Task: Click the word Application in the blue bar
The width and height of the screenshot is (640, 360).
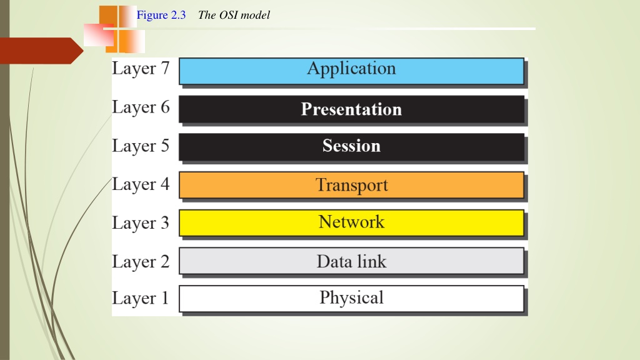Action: (351, 69)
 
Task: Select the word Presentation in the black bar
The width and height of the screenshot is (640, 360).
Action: (351, 109)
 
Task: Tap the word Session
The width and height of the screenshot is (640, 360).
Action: (351, 146)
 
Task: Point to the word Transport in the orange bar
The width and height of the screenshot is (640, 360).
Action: (351, 185)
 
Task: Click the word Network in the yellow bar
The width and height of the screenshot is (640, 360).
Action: (351, 222)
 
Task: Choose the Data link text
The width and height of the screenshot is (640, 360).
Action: (351, 261)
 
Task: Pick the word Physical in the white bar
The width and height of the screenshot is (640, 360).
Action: (351, 297)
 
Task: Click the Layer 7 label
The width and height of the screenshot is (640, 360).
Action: (141, 69)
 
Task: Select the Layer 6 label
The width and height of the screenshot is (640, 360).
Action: (141, 107)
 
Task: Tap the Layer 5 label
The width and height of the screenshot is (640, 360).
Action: (141, 146)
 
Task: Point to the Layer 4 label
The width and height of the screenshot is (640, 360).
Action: (141, 184)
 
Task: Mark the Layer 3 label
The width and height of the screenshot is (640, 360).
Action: (141, 223)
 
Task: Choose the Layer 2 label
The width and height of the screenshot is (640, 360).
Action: (141, 262)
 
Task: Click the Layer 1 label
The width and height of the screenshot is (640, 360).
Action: (141, 298)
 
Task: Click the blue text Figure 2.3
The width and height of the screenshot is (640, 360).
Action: (161, 15)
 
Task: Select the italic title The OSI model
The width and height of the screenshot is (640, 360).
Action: (234, 15)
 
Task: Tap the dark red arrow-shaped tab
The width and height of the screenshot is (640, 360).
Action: (41, 51)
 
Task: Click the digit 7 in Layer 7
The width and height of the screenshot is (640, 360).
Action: (165, 67)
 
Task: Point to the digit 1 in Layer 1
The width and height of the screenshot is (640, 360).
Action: (165, 297)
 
